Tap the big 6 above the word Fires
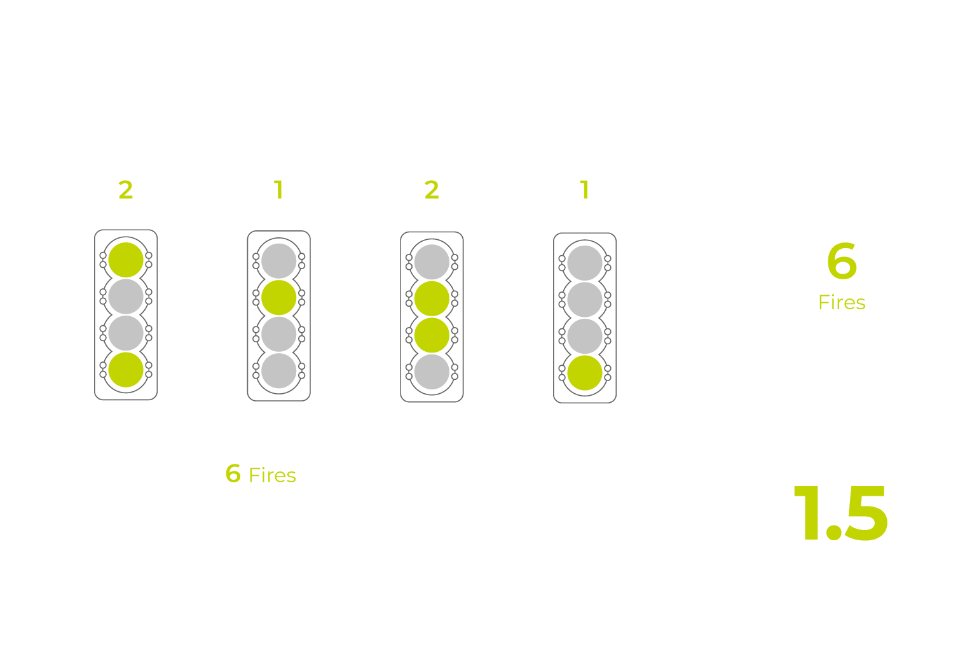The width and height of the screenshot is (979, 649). (842, 262)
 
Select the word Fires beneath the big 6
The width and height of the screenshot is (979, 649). (842, 303)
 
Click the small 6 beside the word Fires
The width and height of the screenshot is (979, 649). (233, 473)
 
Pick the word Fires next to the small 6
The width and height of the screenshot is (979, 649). (272, 475)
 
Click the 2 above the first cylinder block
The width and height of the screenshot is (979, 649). (125, 190)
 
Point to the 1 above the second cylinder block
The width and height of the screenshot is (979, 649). (278, 190)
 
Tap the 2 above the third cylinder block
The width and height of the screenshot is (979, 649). (432, 190)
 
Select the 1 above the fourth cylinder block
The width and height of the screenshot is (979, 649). (584, 190)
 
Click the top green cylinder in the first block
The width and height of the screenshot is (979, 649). (126, 260)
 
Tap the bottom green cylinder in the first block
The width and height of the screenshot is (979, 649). (126, 370)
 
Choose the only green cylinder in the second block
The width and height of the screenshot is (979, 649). (279, 297)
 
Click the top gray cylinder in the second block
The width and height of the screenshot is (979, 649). (279, 261)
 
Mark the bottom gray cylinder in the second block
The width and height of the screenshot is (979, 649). (279, 371)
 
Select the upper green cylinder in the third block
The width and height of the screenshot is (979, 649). (432, 298)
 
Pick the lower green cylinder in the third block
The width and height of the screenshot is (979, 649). (432, 335)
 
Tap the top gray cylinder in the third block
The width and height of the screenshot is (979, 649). (432, 262)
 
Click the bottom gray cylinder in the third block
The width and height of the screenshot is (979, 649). (432, 372)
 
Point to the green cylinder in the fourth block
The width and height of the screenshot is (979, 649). (585, 373)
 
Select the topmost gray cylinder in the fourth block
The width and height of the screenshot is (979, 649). (585, 263)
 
